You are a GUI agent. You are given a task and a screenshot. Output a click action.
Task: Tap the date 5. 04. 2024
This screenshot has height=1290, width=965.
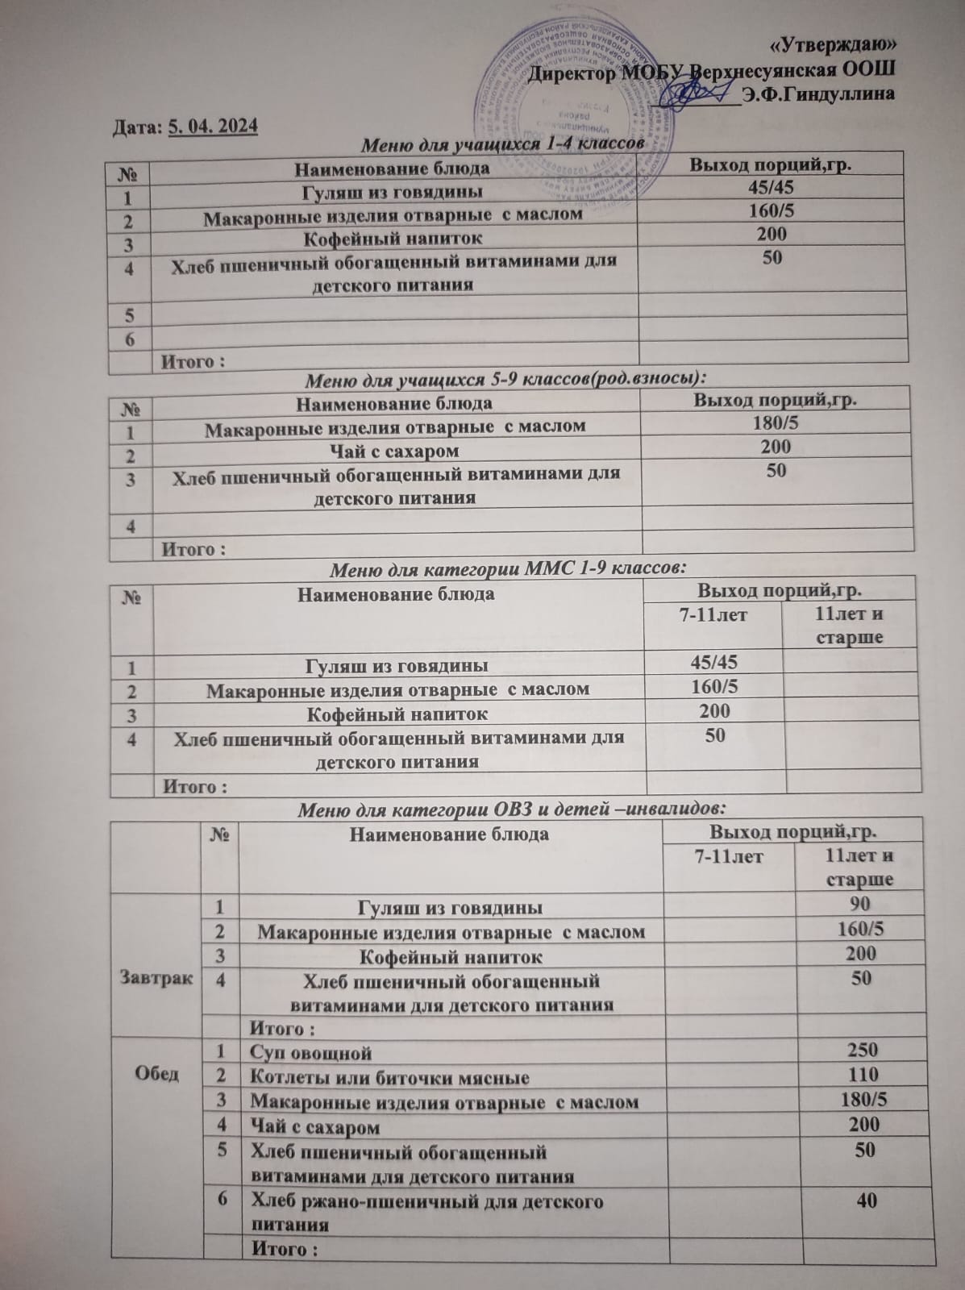tap(213, 127)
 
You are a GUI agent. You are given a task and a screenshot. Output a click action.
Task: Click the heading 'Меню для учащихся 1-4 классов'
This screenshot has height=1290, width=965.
tap(501, 144)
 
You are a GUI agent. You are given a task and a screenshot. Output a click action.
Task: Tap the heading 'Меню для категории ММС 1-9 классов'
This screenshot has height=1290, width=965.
tap(509, 566)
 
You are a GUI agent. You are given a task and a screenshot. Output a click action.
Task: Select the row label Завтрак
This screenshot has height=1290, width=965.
tap(157, 978)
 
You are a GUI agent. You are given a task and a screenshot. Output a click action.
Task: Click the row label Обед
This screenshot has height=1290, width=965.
tap(158, 1075)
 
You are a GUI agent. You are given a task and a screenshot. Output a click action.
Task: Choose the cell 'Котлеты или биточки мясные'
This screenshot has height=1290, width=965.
tap(390, 1077)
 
